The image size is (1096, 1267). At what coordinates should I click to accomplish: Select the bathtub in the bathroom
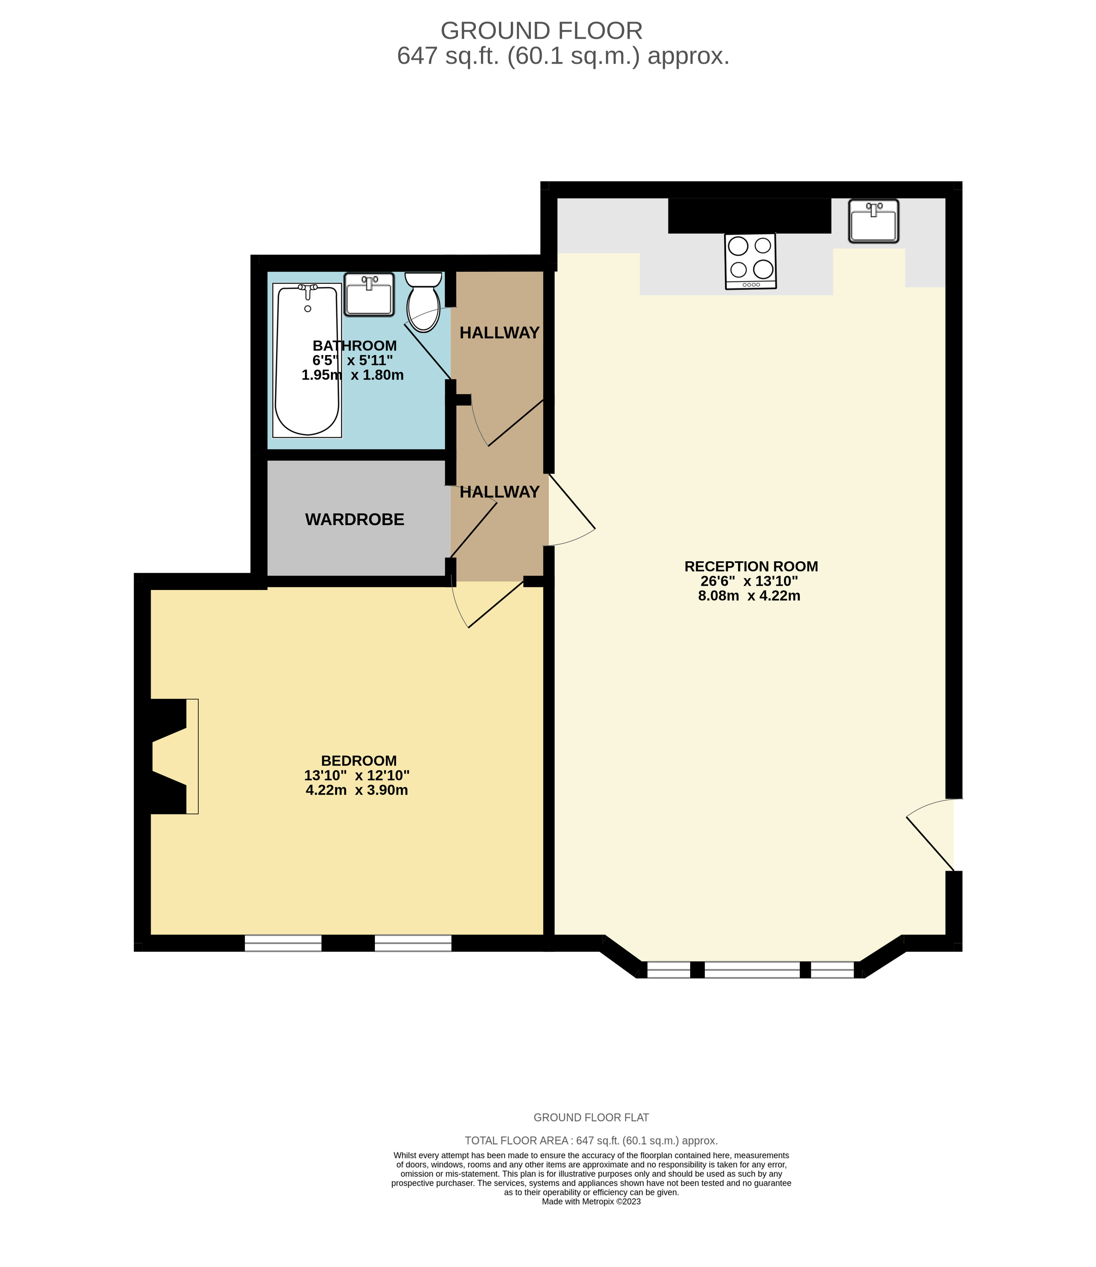tap(307, 360)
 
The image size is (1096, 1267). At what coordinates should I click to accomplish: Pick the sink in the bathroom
tap(369, 295)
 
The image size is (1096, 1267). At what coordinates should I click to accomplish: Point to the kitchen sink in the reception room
tap(873, 221)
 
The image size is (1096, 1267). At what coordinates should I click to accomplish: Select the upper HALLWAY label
tap(499, 333)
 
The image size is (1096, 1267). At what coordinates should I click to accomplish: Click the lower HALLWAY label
tap(499, 492)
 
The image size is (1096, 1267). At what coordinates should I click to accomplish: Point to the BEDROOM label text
tap(359, 761)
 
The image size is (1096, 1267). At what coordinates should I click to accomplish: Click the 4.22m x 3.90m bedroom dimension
tap(357, 790)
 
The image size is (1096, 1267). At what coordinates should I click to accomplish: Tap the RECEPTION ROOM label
tap(751, 566)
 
